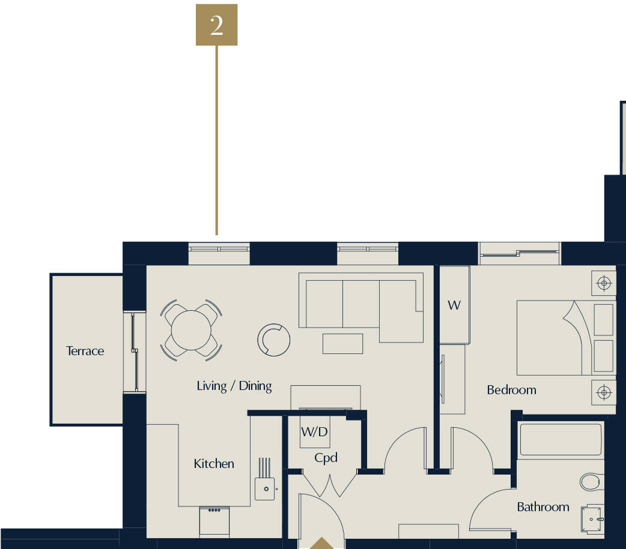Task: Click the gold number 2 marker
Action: coord(216,25)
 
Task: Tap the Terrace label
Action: coord(85,351)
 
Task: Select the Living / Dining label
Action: coord(234,386)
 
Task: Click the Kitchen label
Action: coord(214,464)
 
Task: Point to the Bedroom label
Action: coord(511,389)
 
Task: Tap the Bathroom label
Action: coord(543,507)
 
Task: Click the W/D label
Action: coord(315,431)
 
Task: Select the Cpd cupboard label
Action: coord(326,458)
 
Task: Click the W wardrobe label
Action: coord(454,305)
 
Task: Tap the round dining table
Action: coord(191,330)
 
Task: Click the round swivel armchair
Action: coord(274,340)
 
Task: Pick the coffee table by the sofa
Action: coord(343,344)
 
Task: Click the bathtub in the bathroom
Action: coord(561,439)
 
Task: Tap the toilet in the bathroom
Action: coord(592,482)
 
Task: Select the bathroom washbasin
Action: coord(592,519)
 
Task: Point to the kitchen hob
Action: coord(214,521)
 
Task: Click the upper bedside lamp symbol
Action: coord(604,283)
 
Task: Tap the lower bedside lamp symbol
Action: coord(604,392)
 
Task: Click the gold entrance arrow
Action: coord(322,544)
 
